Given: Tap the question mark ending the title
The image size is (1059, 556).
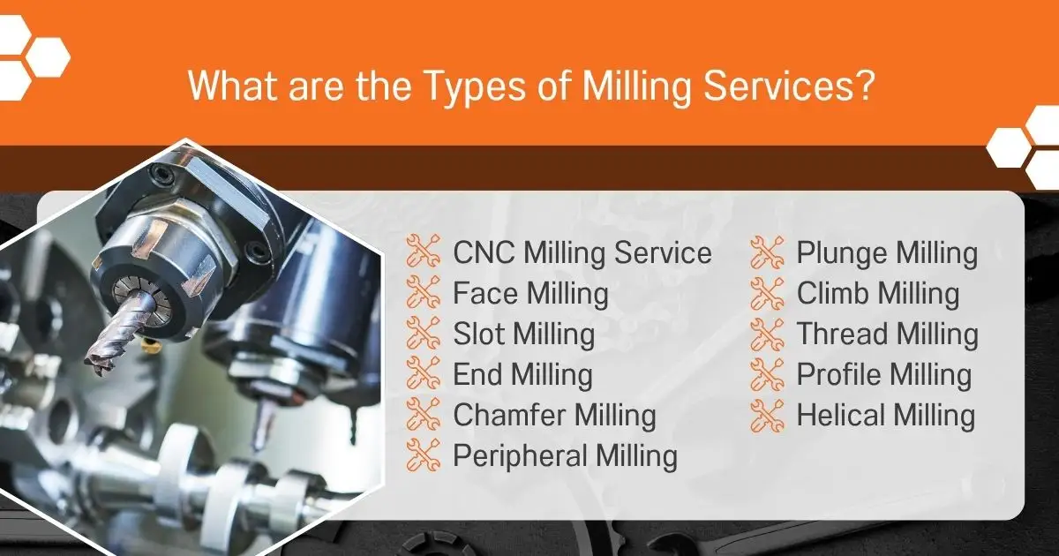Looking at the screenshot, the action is click(x=865, y=85).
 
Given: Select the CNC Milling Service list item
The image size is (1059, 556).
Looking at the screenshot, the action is click(x=582, y=252).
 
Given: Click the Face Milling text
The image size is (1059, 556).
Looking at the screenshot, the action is click(x=530, y=294).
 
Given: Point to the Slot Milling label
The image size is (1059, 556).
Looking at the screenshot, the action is click(x=524, y=334).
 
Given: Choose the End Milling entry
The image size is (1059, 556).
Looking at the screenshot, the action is click(x=522, y=375).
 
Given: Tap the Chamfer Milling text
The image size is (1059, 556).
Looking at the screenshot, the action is click(x=554, y=416).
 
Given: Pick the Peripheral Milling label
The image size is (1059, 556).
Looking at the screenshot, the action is click(x=566, y=456).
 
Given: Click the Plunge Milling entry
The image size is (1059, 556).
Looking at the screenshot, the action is click(x=888, y=253).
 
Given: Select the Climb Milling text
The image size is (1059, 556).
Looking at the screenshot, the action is click(x=878, y=294).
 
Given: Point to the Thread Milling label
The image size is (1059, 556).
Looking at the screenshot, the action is click(x=888, y=334).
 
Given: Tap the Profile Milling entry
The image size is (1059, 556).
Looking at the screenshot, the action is click(x=884, y=375).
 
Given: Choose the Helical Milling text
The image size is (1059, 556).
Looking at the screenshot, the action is click(x=886, y=416).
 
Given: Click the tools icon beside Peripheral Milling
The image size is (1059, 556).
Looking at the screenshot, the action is click(x=423, y=455).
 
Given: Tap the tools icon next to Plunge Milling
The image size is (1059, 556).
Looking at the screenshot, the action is click(x=767, y=252).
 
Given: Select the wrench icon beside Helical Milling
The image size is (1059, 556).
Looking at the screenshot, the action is click(x=767, y=415).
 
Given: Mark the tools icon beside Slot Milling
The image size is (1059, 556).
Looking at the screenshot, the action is click(x=423, y=333).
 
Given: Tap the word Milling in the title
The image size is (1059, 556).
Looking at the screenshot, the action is click(x=636, y=87).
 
